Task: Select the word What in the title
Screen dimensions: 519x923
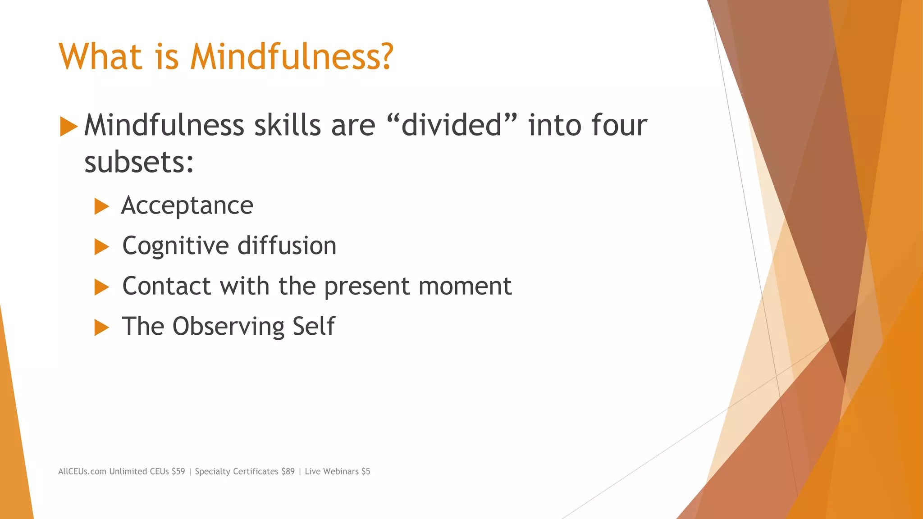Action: pyautogui.click(x=101, y=57)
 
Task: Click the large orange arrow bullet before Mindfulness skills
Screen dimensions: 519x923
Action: pyautogui.click(x=69, y=127)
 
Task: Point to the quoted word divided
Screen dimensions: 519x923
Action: pyautogui.click(x=451, y=125)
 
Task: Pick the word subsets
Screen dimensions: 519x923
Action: pyautogui.click(x=138, y=162)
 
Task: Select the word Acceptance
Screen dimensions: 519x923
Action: pyautogui.click(x=187, y=206)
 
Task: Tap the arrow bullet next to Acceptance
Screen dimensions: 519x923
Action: pyautogui.click(x=101, y=207)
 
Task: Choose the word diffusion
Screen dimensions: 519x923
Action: pyautogui.click(x=287, y=246)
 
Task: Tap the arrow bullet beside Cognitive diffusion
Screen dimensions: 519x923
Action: pyautogui.click(x=101, y=247)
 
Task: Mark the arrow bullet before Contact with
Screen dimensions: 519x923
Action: pyautogui.click(x=101, y=287)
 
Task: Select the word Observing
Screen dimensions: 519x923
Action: pyautogui.click(x=228, y=327)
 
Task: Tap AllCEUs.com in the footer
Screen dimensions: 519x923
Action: pyautogui.click(x=82, y=471)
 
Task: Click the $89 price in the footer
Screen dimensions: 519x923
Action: pyautogui.click(x=288, y=471)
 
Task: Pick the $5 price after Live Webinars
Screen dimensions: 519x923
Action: pyautogui.click(x=366, y=471)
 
